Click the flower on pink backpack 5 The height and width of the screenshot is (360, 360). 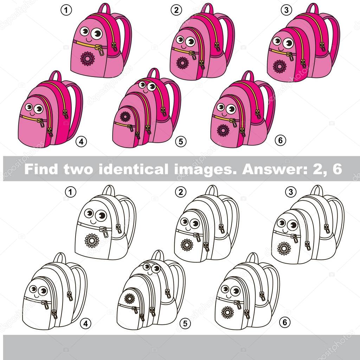coord(125,116)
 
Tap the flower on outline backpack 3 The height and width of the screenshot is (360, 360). coord(284,248)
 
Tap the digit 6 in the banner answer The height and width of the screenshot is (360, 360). coord(336,169)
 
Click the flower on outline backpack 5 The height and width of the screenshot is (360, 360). coord(130,298)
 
